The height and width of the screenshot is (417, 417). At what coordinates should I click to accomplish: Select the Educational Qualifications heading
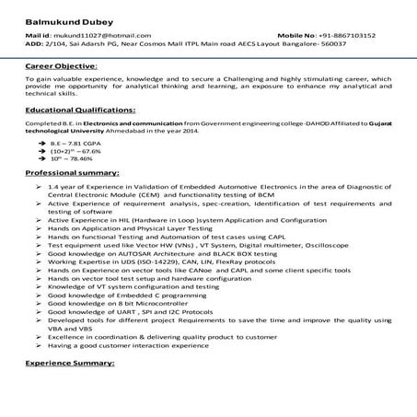click(81, 109)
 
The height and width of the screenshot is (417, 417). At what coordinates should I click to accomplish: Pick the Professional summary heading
click(72, 173)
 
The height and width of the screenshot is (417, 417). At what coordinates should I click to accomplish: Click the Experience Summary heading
click(70, 365)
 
